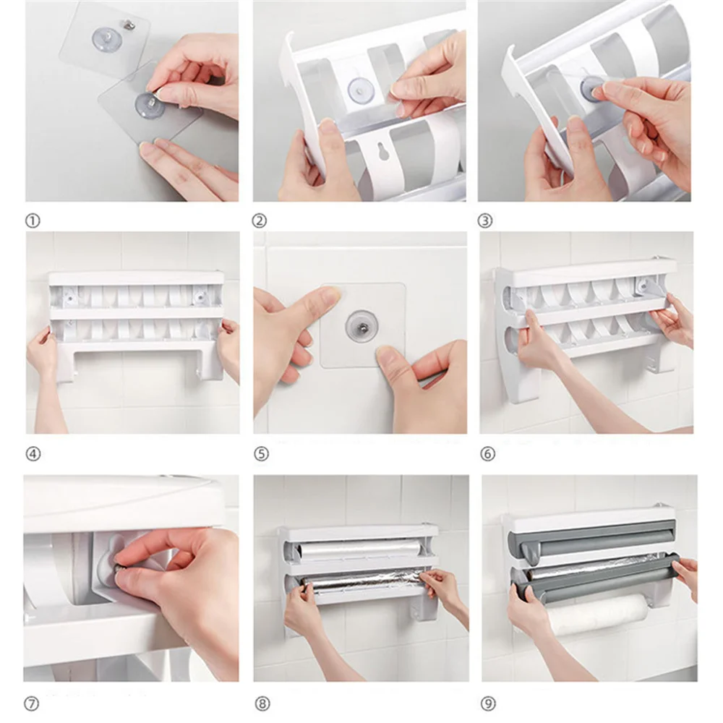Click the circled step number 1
[x=33, y=221]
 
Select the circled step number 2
[x=259, y=221]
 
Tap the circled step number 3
[x=484, y=221]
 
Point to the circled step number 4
[x=33, y=454]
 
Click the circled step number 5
[x=261, y=454]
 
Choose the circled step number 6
[x=487, y=454]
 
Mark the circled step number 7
[x=31, y=704]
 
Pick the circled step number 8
[x=262, y=704]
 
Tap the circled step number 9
[x=488, y=704]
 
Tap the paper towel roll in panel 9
[x=597, y=614]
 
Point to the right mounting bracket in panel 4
[x=201, y=296]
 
